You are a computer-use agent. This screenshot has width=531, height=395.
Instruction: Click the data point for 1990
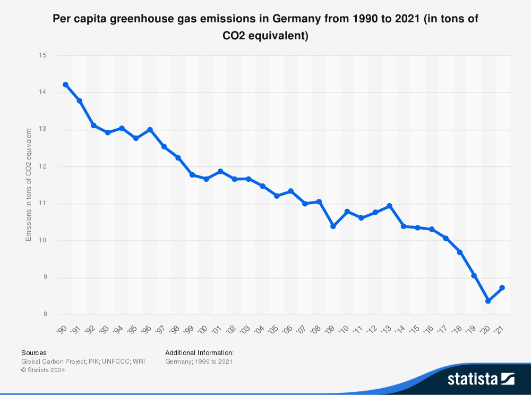tap(65, 85)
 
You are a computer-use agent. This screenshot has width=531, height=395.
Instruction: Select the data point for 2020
tap(488, 301)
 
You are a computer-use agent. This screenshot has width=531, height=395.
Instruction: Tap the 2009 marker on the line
tap(333, 226)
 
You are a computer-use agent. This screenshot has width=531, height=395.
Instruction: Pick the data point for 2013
tap(389, 206)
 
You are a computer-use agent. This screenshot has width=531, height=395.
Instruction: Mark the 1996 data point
tap(150, 130)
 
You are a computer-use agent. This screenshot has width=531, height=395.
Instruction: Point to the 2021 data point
tap(502, 288)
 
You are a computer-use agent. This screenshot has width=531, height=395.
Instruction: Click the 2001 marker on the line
tap(220, 171)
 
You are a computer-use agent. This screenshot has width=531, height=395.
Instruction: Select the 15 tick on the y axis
tap(43, 55)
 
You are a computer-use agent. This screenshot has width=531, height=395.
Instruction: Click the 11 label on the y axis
tap(43, 204)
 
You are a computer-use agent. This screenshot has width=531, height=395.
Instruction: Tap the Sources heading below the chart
tap(33, 352)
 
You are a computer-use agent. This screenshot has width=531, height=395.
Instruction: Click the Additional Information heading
tap(199, 352)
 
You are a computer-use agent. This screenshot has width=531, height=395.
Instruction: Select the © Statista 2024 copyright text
tap(43, 371)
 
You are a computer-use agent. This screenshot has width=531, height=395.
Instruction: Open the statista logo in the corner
tap(481, 379)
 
